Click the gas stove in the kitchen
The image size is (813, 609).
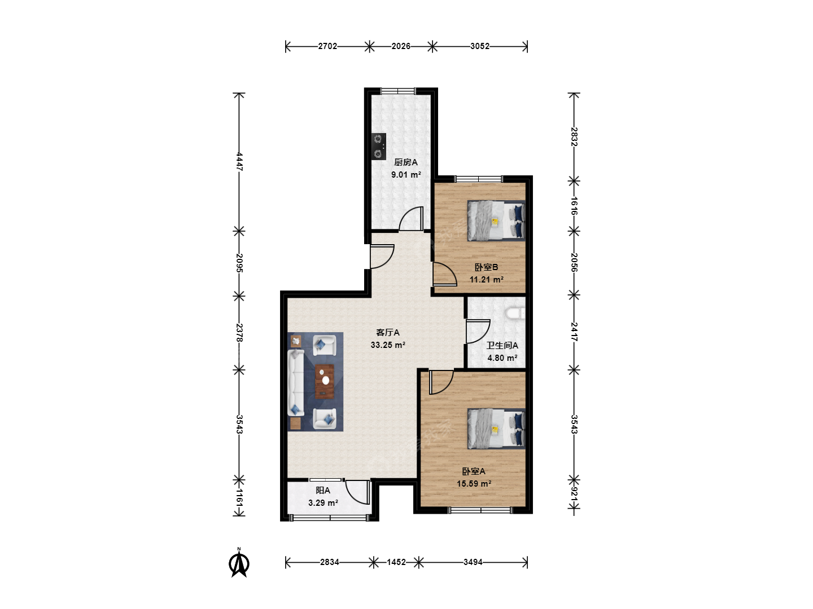click(378, 147)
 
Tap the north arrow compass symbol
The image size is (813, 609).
click(239, 563)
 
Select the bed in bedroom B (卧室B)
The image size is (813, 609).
click(496, 220)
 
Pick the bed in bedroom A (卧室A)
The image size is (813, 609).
click(496, 429)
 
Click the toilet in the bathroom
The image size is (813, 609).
click(515, 313)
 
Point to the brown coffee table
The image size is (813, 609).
click(325, 382)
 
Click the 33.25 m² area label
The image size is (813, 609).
click(388, 345)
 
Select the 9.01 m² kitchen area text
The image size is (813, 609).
click(406, 175)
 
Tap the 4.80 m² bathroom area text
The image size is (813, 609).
click(502, 358)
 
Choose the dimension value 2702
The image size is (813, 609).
click(328, 46)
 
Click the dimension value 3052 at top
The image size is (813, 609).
click(480, 46)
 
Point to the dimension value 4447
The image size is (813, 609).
click(239, 162)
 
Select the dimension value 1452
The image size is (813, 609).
click(396, 562)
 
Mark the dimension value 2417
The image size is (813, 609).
click(574, 332)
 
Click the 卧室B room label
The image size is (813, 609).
click(487, 267)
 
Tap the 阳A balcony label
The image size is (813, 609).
click(323, 491)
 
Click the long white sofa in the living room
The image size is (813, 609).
click(296, 383)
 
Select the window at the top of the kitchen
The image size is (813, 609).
click(398, 91)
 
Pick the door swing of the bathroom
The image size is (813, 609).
click(478, 332)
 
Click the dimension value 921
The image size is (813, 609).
click(574, 496)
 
